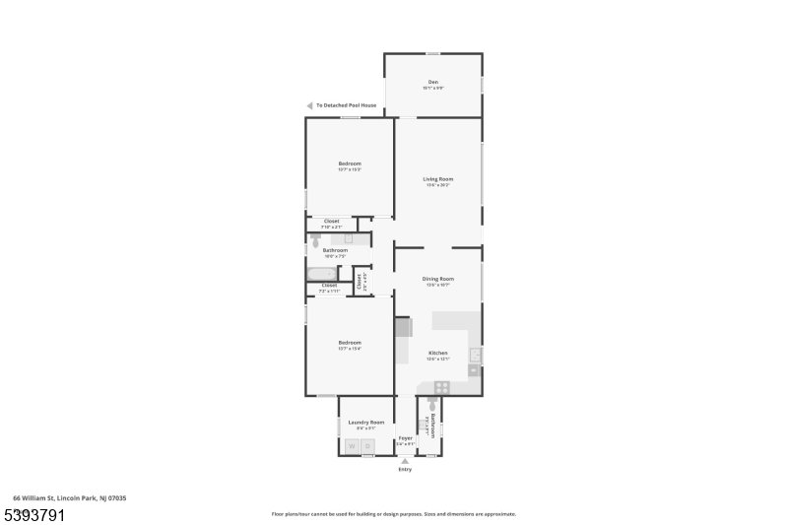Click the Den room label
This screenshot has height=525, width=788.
pos(432,82)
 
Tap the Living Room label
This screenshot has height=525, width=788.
pos(437,178)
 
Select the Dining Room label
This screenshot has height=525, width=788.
pos(438,279)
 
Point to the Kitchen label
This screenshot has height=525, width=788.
pos(437,353)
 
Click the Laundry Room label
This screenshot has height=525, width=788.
pos(365,422)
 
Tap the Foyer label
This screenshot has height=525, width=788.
pos(405,436)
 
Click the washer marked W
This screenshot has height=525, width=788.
pos(352,446)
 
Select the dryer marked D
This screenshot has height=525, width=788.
pos(366,446)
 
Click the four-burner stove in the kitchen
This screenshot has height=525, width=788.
pos(442,387)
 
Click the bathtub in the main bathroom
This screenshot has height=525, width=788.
pos(321,274)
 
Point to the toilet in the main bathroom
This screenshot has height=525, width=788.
pos(316,238)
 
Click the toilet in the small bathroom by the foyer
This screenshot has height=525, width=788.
pos(431,405)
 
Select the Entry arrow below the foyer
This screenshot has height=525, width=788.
pos(405,461)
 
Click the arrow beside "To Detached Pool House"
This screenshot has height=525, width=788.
pos(309,105)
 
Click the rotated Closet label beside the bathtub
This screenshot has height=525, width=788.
pos(361,281)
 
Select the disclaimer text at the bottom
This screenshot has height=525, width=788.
pos(393,513)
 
